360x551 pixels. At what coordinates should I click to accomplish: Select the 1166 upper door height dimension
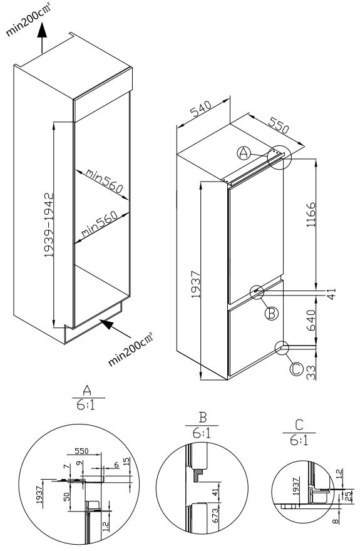(311, 214)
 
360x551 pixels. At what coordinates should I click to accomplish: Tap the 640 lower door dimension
(311, 320)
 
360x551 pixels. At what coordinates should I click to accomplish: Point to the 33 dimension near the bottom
(311, 372)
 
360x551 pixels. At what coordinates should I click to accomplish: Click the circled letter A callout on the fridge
(244, 153)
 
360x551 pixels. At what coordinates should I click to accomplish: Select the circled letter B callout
(271, 312)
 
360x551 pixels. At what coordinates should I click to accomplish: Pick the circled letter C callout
(296, 369)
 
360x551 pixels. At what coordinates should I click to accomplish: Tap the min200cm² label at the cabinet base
(131, 349)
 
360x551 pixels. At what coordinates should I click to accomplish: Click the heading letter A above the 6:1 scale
(87, 391)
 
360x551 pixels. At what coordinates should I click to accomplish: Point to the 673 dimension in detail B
(215, 515)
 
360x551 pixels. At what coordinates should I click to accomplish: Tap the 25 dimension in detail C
(348, 496)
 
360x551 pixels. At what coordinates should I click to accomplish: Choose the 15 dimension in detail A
(126, 461)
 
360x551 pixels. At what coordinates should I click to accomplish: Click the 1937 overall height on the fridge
(195, 284)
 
